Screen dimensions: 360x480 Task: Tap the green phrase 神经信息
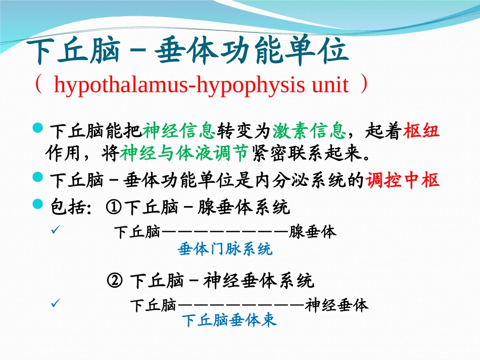pos(179,131)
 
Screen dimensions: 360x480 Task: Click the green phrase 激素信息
pos(309,131)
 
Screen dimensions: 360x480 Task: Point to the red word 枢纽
pos(421,131)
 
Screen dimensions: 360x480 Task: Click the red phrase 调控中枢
pos(402,180)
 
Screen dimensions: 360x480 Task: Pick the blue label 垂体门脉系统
pos(225,249)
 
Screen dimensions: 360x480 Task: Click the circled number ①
pos(113,206)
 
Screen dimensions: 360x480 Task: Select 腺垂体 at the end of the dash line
pos(313,232)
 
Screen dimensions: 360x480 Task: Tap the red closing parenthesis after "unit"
pos(364,85)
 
